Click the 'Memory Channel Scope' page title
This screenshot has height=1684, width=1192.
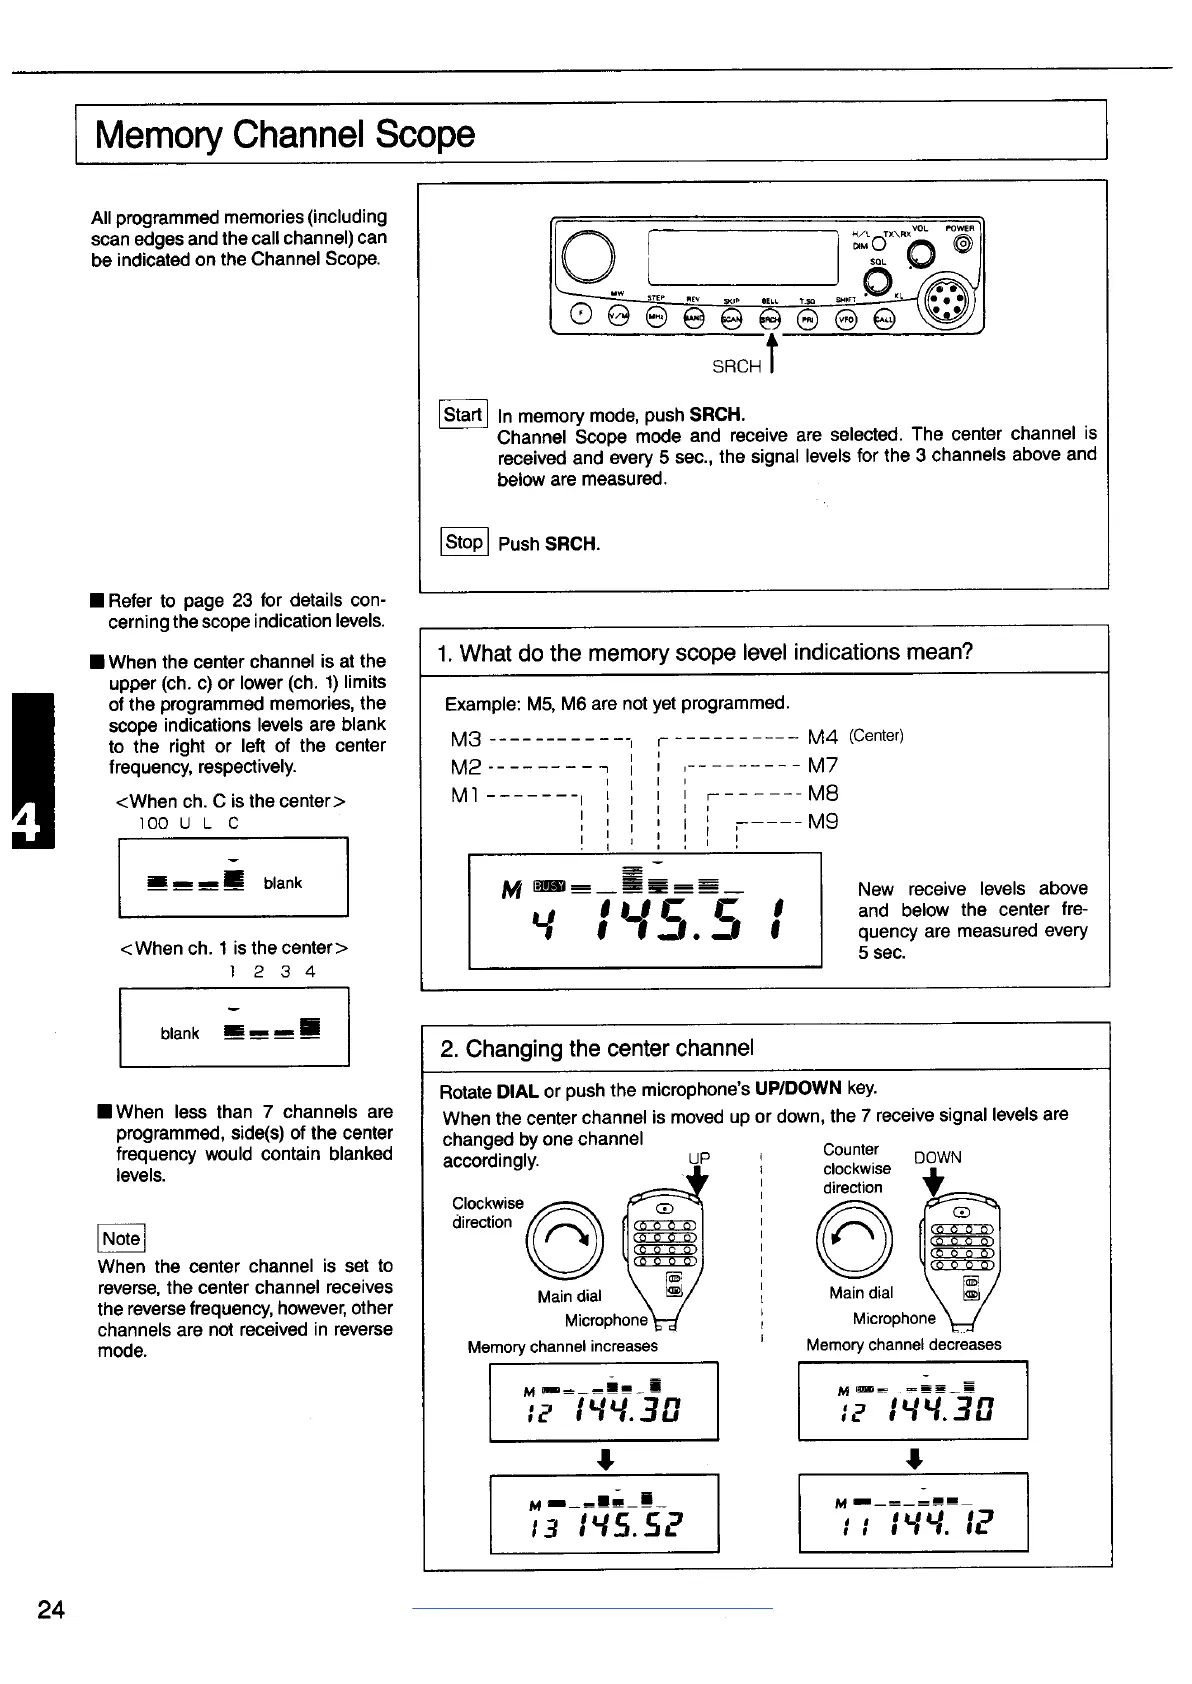click(285, 134)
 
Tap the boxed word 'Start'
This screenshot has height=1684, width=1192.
click(463, 414)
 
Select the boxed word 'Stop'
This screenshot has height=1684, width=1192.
click(464, 542)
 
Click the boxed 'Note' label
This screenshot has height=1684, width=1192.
click(121, 1238)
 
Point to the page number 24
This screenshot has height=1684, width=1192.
click(51, 1609)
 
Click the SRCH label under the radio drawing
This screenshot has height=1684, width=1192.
click(736, 367)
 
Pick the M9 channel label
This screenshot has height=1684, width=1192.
click(822, 821)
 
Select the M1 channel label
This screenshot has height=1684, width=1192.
click(466, 794)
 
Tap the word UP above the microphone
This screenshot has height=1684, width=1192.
click(698, 1158)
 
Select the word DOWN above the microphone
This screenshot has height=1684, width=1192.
click(937, 1157)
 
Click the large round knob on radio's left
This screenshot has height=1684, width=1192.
click(589, 255)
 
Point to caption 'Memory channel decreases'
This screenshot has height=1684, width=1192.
click(903, 1345)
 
